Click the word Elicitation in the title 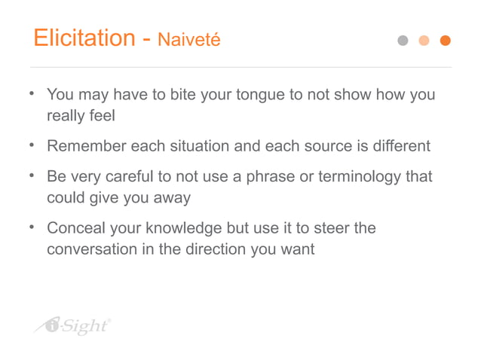click(x=83, y=38)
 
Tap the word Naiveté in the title click(x=189, y=41)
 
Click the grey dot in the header click(x=403, y=41)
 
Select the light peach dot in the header click(x=424, y=41)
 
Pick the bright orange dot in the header click(x=445, y=41)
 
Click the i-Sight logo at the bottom click(x=74, y=325)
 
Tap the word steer click(x=332, y=227)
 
